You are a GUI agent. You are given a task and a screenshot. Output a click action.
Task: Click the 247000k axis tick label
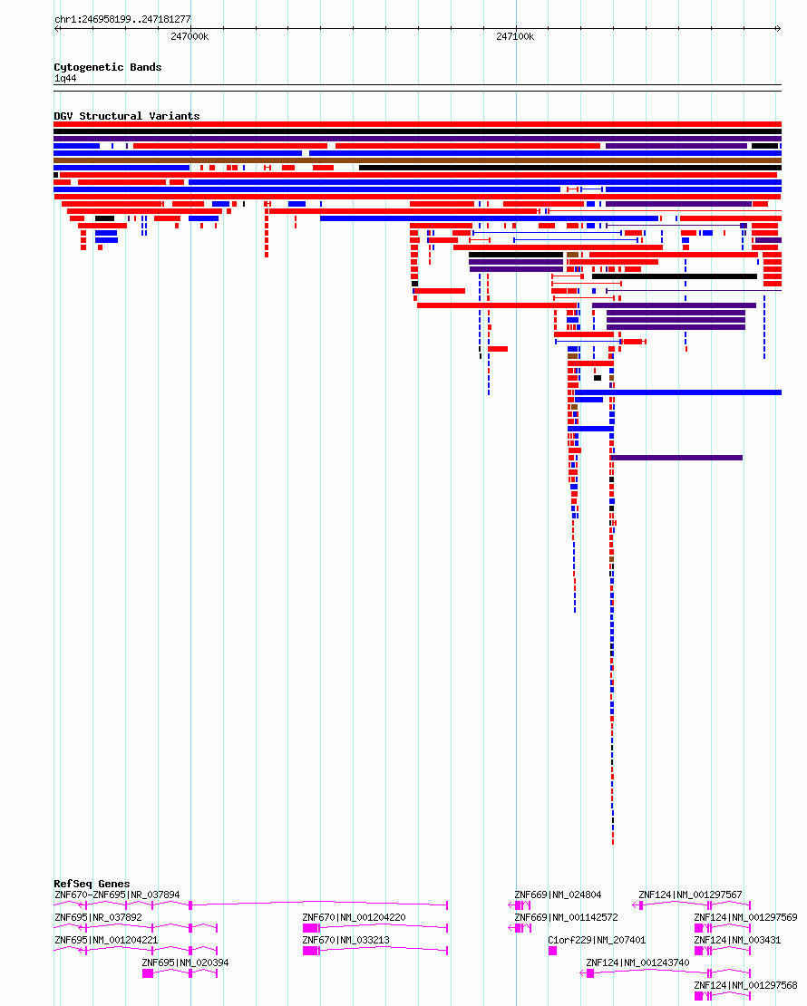click(190, 36)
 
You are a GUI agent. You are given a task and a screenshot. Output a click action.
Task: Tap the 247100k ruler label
click(515, 36)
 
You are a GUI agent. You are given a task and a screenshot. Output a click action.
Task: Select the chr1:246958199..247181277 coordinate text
click(122, 19)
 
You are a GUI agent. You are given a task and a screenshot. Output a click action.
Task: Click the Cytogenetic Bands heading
click(108, 67)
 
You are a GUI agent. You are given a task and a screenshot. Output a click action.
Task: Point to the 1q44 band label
click(65, 78)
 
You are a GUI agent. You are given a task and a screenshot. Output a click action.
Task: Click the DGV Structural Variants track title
click(126, 115)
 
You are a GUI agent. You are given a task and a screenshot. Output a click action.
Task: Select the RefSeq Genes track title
click(92, 884)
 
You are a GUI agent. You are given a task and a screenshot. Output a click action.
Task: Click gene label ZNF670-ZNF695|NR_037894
click(118, 895)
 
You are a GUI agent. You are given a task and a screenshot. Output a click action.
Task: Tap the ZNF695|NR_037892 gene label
click(98, 917)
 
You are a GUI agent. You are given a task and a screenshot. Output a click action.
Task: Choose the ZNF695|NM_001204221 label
click(106, 940)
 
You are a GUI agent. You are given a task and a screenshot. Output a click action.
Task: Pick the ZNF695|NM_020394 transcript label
click(185, 962)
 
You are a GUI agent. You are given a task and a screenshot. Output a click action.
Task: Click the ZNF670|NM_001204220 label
click(354, 917)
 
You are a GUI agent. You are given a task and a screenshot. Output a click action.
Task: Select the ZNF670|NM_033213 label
click(346, 940)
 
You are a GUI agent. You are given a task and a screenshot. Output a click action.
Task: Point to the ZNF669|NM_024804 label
click(558, 895)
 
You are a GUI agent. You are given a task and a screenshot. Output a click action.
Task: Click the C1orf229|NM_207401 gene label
click(597, 940)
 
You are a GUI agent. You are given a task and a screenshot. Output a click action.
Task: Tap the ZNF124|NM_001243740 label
click(637, 962)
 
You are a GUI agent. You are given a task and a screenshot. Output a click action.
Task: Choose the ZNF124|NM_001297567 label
click(690, 895)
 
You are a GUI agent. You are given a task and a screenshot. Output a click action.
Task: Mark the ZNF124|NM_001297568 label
click(745, 985)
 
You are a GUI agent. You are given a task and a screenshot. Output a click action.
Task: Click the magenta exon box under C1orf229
click(552, 951)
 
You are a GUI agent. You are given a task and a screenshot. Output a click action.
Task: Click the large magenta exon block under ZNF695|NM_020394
click(148, 973)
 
